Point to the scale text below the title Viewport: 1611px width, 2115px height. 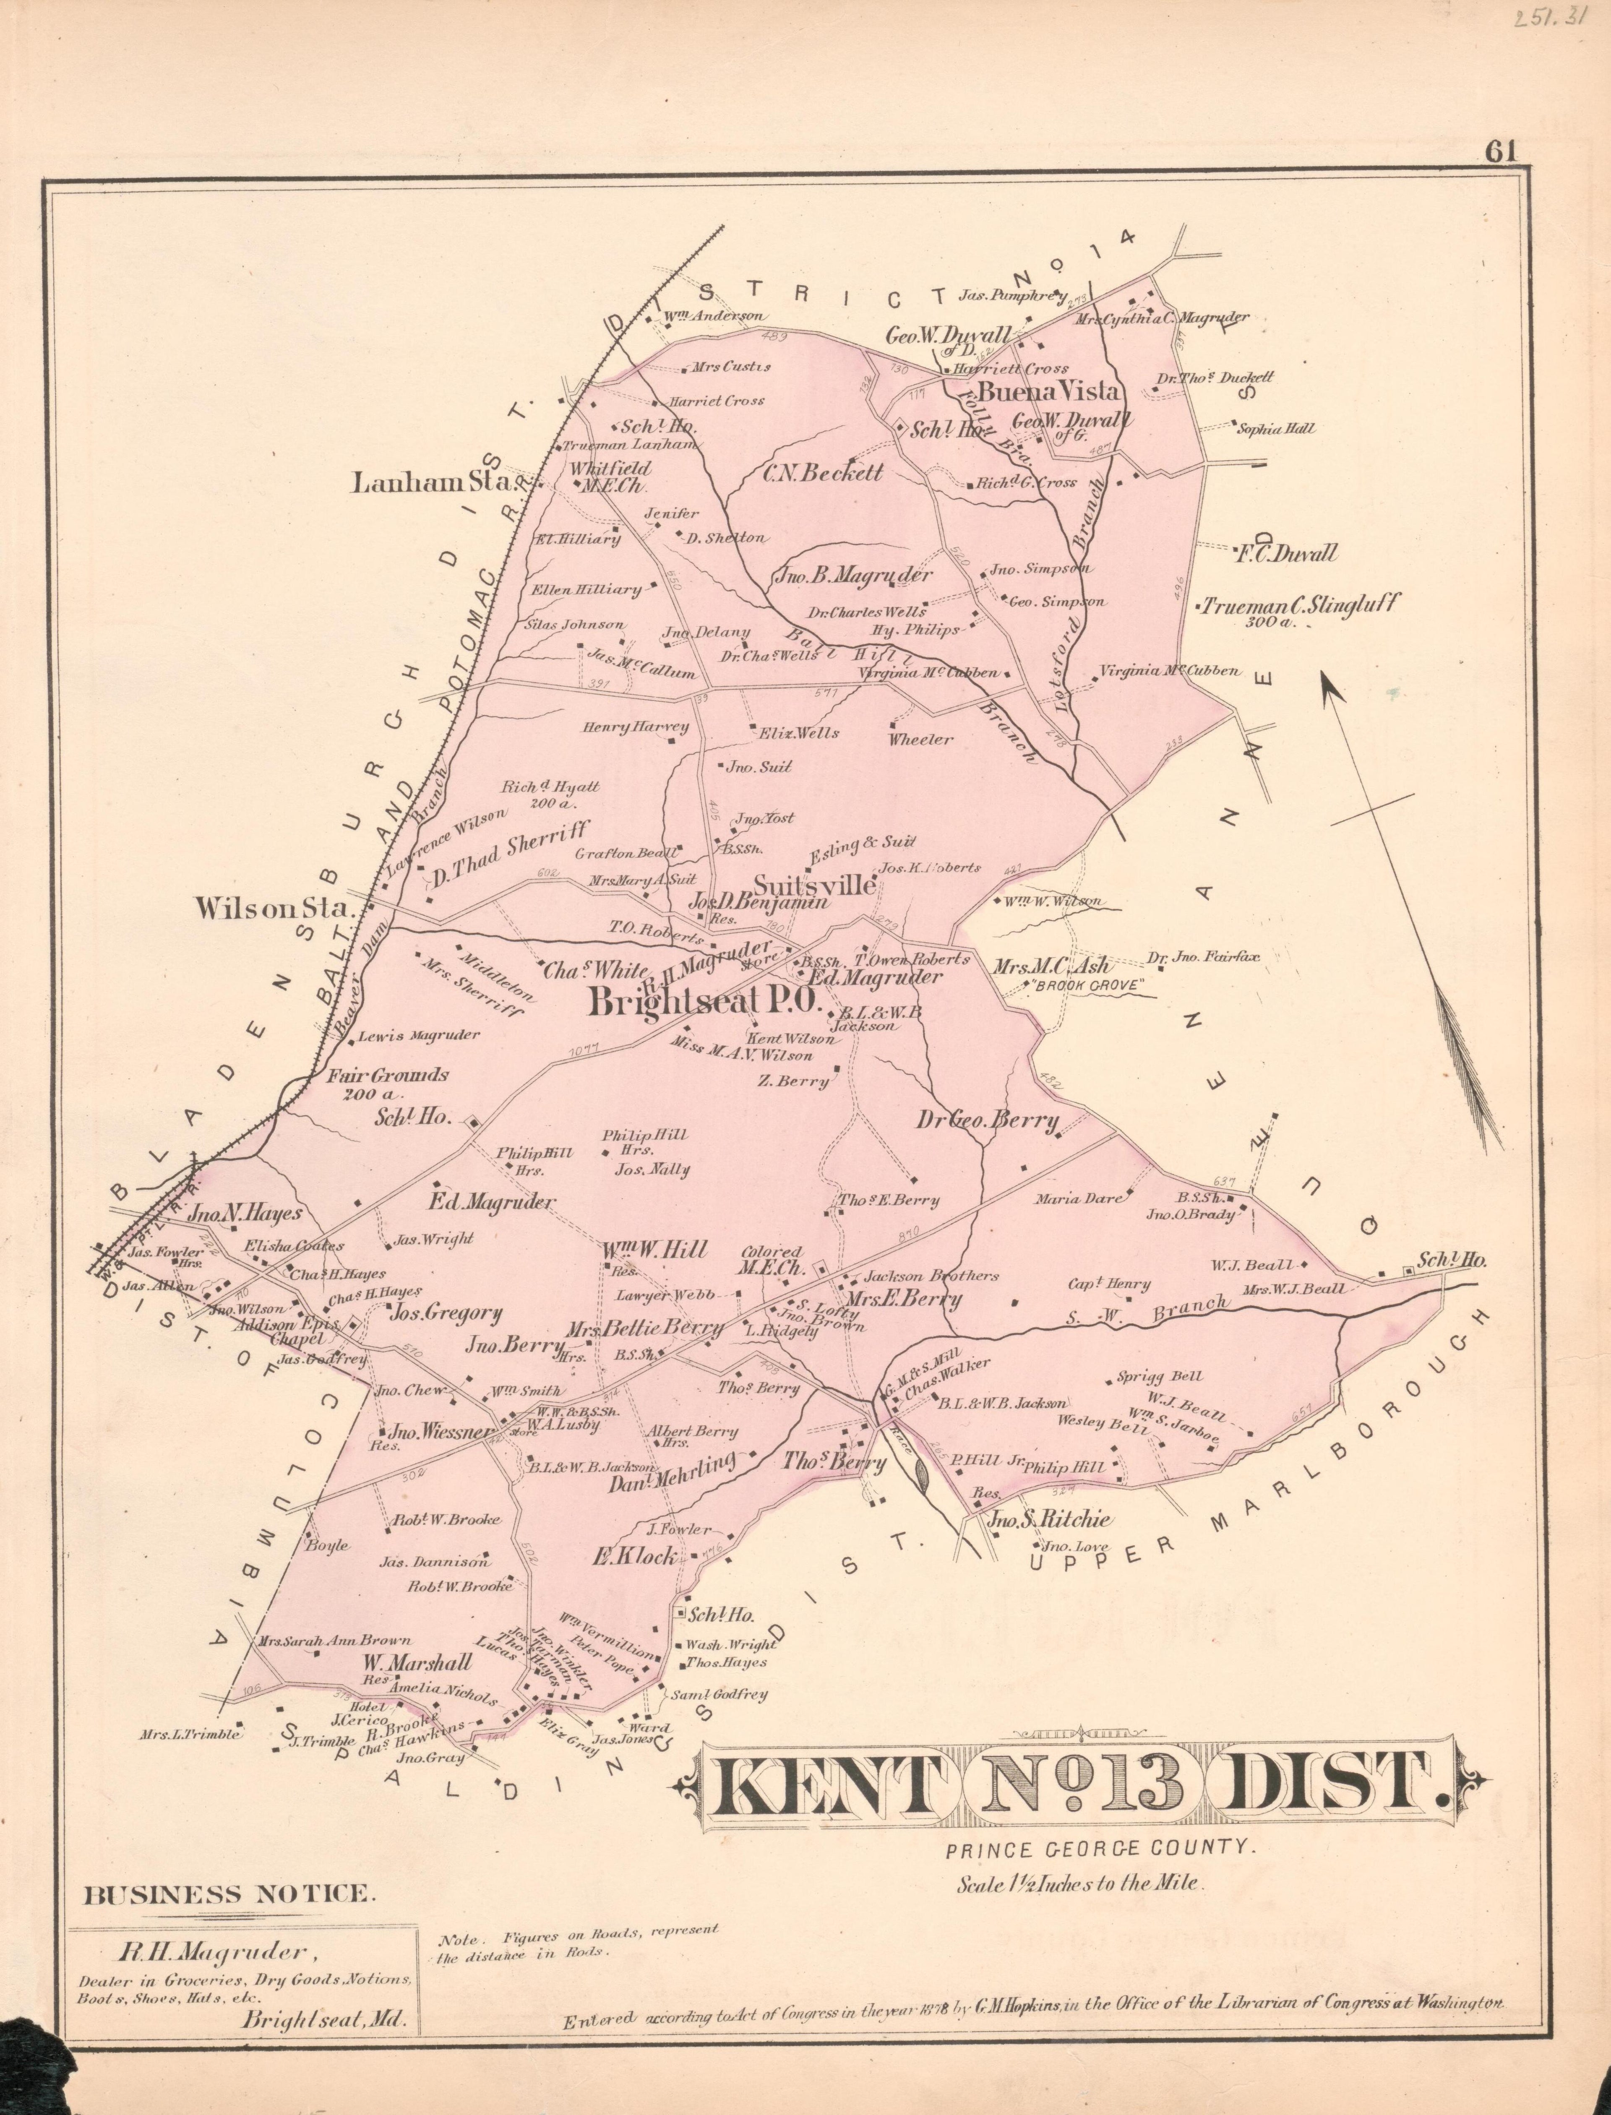(x=1079, y=1883)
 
